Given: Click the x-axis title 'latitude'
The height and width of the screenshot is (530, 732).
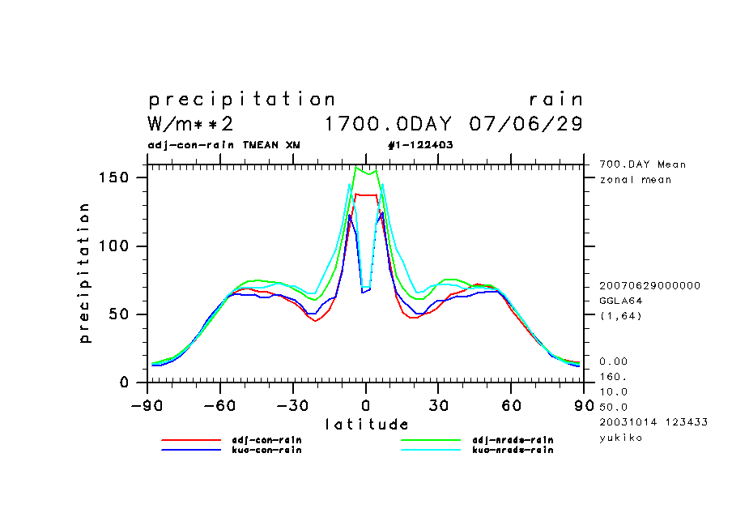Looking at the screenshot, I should click(x=367, y=424).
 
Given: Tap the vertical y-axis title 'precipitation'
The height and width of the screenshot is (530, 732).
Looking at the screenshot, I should click(x=84, y=273).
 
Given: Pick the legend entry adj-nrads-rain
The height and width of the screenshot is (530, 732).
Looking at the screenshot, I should click(x=513, y=440).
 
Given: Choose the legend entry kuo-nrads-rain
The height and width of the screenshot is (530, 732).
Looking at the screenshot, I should click(x=513, y=450).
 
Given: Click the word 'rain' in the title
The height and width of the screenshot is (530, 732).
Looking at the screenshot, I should click(x=555, y=100).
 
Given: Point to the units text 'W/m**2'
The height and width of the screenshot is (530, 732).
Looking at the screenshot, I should click(x=191, y=124).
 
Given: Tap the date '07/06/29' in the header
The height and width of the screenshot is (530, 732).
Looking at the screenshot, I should click(x=526, y=124).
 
